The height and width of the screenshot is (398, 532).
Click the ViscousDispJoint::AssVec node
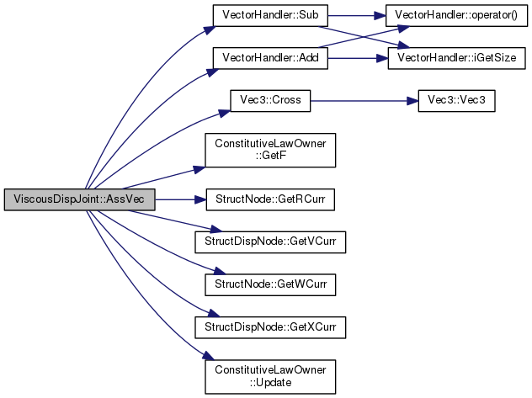[79, 199]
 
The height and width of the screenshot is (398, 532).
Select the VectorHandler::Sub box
[270, 15]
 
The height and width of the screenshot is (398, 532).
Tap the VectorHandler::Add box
[270, 58]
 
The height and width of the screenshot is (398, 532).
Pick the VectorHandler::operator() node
[456, 15]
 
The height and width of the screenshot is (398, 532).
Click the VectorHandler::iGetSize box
[457, 58]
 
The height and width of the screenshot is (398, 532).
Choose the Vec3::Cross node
[270, 101]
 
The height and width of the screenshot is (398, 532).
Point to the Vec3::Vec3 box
[456, 101]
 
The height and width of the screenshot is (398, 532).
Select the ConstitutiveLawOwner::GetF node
[270, 150]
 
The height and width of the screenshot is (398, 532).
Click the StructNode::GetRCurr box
[270, 199]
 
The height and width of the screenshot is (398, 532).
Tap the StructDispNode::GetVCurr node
[270, 242]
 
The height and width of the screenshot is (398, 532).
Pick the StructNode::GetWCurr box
[270, 284]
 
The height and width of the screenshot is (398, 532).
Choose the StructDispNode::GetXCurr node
[270, 327]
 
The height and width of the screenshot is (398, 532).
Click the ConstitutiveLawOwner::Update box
[270, 377]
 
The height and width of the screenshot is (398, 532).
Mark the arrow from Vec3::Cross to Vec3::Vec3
[364, 101]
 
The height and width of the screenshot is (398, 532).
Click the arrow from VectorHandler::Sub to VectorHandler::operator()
[357, 15]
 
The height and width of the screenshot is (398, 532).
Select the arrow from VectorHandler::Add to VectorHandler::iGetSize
[358, 58]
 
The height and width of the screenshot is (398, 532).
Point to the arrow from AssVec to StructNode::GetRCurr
[181, 199]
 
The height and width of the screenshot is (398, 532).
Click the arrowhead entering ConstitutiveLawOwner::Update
[209, 356]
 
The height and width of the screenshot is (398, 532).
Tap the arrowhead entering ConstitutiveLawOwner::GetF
[199, 169]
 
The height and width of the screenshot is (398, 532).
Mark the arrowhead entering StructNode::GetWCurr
[220, 271]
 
